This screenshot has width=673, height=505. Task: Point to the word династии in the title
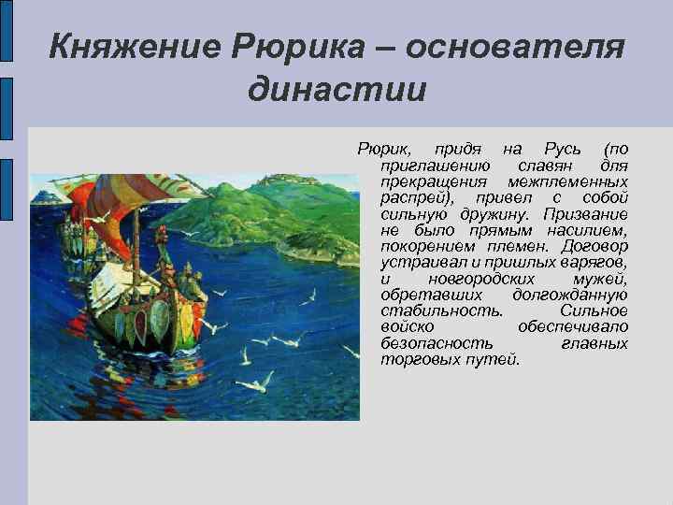[x=336, y=90]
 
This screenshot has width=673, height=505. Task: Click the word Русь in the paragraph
[x=562, y=150]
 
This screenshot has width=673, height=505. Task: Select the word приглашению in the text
[x=436, y=165]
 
